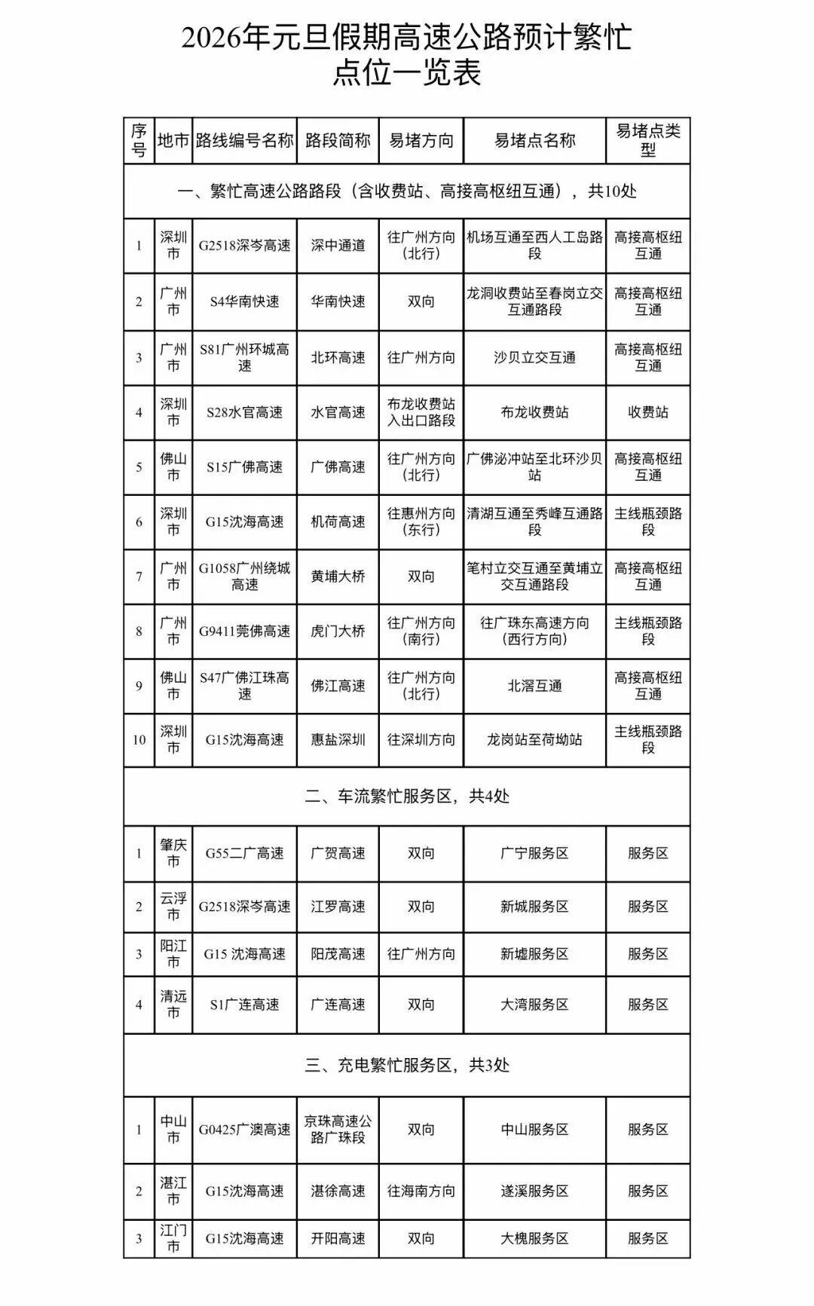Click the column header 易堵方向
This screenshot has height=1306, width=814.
tap(421, 140)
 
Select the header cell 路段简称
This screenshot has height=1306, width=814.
tap(338, 140)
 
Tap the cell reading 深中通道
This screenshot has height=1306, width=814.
tap(338, 246)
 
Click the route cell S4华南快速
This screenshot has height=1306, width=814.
tap(244, 301)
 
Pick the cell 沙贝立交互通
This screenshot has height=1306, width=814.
tap(534, 357)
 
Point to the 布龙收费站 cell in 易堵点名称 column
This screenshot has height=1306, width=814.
tap(534, 412)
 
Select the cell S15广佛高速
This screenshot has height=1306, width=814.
tap(244, 467)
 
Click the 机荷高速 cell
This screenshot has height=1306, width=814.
tap(338, 521)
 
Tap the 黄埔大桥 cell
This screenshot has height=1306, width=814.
tap(338, 577)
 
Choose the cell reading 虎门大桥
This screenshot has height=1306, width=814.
tap(338, 632)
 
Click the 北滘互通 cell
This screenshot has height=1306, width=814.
tap(534, 686)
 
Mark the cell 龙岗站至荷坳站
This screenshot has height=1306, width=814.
tap(534, 740)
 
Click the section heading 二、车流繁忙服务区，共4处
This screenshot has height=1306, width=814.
tap(407, 796)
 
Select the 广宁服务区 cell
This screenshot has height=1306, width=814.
tap(534, 853)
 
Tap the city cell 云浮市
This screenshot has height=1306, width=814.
tap(173, 907)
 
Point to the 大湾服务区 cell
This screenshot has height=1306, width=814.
tap(534, 1005)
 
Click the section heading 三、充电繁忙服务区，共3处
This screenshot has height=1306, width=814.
tap(407, 1065)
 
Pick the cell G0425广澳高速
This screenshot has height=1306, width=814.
tap(244, 1130)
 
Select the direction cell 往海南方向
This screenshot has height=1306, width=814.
tap(421, 1191)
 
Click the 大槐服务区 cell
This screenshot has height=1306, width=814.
tap(534, 1238)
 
